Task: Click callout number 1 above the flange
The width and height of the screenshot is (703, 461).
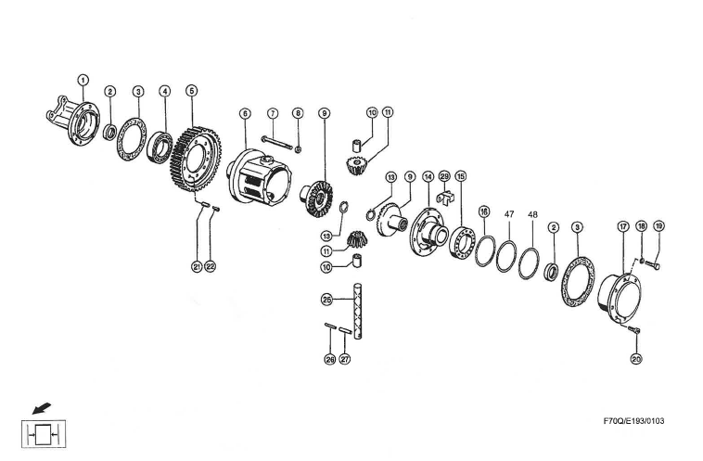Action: [x=83, y=81]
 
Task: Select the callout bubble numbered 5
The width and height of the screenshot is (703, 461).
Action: [x=191, y=91]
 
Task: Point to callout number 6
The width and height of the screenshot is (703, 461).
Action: [x=245, y=113]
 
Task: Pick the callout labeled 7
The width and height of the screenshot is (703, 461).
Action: [x=273, y=113]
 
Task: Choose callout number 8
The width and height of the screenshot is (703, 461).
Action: [x=298, y=113]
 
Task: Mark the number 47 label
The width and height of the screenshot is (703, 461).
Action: [x=508, y=214]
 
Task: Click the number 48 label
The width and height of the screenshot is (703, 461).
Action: [x=532, y=214]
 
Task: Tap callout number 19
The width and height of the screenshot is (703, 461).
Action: [x=658, y=226]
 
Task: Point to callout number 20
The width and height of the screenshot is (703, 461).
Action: [x=635, y=359]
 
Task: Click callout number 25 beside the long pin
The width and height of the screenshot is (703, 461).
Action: [x=326, y=300]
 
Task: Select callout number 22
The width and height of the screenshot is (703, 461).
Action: [x=211, y=267]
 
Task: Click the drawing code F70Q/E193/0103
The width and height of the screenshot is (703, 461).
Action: [x=633, y=420]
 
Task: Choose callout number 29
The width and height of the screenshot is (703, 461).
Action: [x=444, y=176]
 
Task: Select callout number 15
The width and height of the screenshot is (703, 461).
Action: [x=461, y=176]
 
